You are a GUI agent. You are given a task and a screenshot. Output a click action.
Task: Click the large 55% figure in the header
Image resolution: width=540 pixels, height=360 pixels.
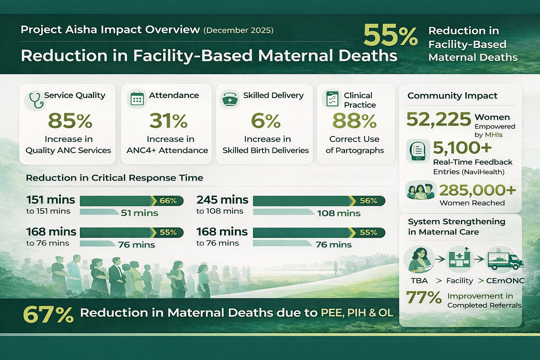[390, 36]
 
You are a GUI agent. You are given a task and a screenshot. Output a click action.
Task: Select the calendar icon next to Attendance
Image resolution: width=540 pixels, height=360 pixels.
[137, 99]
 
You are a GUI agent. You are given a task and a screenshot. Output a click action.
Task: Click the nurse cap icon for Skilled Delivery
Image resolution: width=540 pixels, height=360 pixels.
[230, 99]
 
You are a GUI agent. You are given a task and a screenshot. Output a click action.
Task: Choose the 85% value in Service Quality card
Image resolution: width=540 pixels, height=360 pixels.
[70, 121]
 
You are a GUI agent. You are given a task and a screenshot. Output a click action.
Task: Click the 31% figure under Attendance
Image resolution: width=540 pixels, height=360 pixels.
[168, 121]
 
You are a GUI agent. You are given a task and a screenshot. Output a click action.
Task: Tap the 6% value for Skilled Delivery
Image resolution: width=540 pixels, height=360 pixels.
[265, 121]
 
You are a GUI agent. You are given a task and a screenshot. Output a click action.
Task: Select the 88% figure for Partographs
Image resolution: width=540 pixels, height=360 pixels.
[354, 121]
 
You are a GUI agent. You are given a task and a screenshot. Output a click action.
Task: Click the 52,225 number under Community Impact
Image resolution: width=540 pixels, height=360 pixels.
[438, 120]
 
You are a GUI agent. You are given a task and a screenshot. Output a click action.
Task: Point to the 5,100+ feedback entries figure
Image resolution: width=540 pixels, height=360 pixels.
[462, 148]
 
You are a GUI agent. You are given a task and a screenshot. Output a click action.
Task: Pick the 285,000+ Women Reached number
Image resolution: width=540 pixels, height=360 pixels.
[477, 190]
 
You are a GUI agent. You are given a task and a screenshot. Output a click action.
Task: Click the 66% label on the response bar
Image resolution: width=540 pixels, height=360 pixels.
[168, 201]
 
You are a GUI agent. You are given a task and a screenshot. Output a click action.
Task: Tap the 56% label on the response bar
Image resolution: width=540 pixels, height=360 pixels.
[368, 201]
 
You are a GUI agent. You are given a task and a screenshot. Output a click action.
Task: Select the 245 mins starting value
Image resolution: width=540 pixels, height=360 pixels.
[222, 200]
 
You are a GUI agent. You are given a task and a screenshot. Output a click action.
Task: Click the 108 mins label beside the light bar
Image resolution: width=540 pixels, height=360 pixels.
[339, 213]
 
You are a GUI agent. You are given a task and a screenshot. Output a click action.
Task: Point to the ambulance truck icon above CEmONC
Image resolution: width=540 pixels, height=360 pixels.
[505, 259]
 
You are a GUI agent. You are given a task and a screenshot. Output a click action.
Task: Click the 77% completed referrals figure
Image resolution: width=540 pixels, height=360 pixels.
[424, 297]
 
